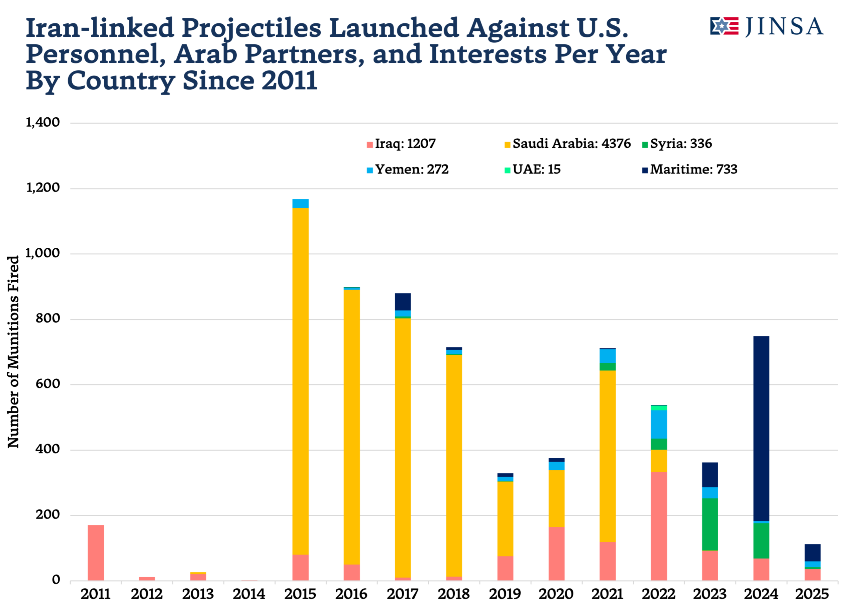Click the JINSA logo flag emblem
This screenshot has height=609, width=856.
724,26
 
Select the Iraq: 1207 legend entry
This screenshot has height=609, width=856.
401,144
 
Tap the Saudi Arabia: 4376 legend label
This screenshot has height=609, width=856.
567,144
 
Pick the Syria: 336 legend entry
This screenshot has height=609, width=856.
677,144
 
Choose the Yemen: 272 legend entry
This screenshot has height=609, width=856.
407,169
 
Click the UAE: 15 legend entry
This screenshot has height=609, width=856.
533,169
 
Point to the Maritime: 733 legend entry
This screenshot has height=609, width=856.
689,169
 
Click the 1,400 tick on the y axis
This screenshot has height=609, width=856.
42,122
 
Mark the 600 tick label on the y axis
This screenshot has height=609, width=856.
47,384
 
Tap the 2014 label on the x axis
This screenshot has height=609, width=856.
249,594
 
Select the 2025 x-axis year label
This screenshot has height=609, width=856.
812,594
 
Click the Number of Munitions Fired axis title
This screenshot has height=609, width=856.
13,352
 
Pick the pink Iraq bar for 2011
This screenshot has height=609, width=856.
96,553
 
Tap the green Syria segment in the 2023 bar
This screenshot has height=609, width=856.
710,524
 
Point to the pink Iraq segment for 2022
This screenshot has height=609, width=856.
659,526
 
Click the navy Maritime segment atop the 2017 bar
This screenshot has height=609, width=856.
403,301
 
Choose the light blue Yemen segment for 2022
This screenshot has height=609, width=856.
659,424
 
